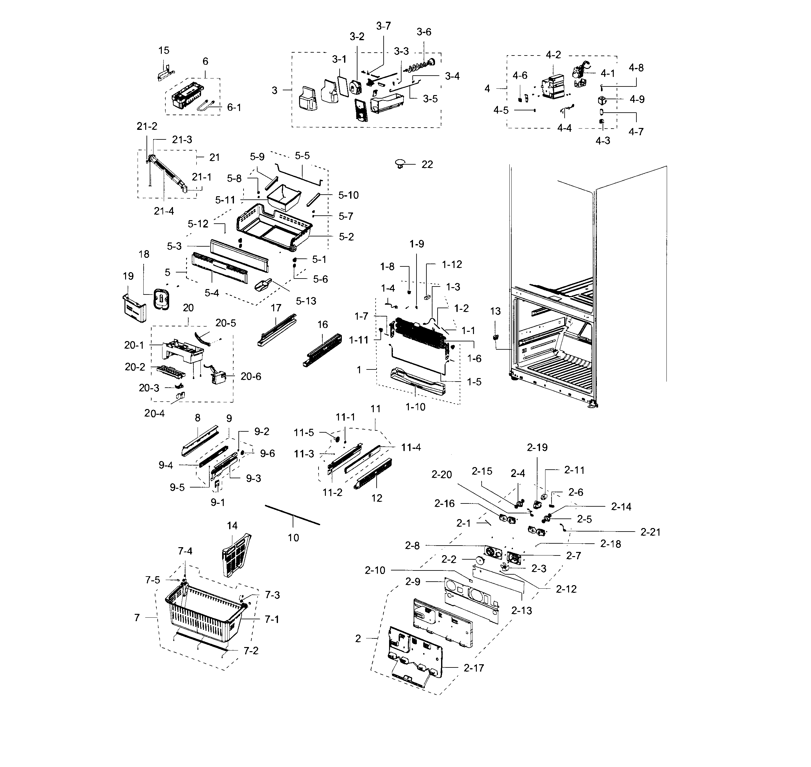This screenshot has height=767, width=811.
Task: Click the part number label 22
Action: coord(427,164)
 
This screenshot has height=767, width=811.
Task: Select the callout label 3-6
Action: coord(424,32)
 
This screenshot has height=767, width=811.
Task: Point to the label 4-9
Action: coord(637,99)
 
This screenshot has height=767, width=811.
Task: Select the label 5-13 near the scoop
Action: coord(306,301)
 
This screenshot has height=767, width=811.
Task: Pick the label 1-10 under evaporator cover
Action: coord(415,407)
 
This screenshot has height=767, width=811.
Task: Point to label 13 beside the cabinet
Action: coord(495,311)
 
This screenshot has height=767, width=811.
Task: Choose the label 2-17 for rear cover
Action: coord(474,668)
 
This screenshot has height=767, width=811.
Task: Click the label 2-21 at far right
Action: coord(650,532)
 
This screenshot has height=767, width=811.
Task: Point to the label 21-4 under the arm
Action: coord(164,211)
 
